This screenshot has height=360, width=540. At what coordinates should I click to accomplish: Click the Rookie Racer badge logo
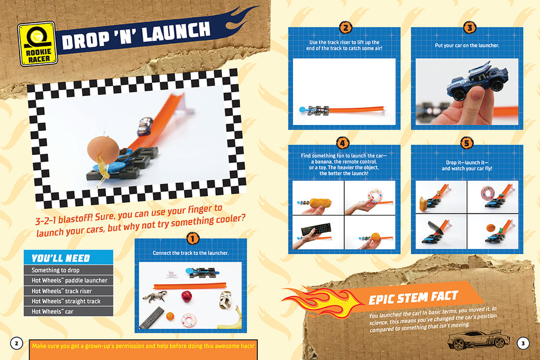pyautogui.click(x=37, y=44)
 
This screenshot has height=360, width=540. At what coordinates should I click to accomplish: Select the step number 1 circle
pyautogui.click(x=192, y=238)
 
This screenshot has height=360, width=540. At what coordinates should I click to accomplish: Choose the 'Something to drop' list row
pyautogui.click(x=68, y=270)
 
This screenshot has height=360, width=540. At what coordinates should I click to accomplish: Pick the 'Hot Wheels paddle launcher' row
pyautogui.click(x=68, y=280)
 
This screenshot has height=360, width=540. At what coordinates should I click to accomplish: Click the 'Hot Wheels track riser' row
pyautogui.click(x=68, y=291)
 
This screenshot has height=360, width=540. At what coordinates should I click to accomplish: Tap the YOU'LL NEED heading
pyautogui.click(x=61, y=258)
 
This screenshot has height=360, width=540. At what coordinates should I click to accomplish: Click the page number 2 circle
pyautogui.click(x=16, y=343)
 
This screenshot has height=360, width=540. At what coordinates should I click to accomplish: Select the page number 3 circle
pyautogui.click(x=523, y=343)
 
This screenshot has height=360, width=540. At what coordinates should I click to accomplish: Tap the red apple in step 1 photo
pyautogui.click(x=187, y=296)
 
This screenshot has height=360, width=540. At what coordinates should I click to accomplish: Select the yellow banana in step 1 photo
pyautogui.click(x=236, y=319)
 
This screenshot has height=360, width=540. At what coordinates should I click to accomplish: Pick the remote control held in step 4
pyautogui.click(x=316, y=230)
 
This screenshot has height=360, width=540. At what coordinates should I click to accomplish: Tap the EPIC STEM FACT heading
pyautogui.click(x=413, y=298)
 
